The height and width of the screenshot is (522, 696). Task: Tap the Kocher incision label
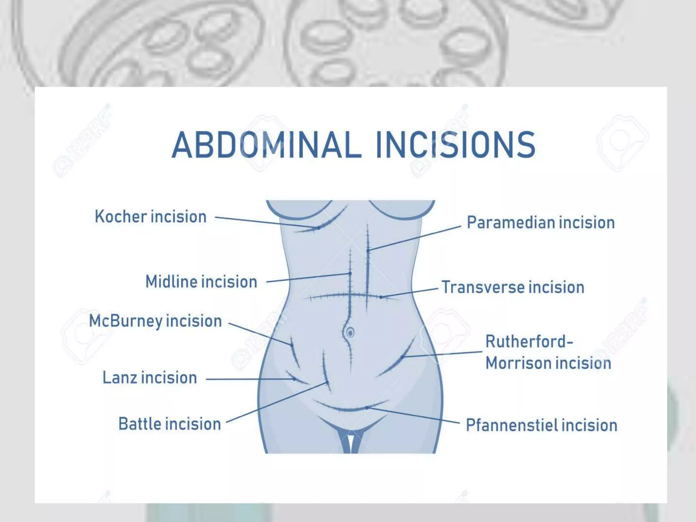tap(151, 217)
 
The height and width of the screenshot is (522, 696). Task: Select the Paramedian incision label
tap(541, 223)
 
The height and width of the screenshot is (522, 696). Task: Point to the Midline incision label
tap(201, 282)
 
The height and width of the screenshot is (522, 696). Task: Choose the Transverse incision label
tap(513, 287)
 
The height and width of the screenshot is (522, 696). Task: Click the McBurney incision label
tap(155, 321)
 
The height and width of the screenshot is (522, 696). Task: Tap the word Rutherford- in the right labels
tap(529, 342)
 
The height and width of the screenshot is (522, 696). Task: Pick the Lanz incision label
tap(150, 378)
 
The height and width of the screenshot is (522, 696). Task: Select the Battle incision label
tap(170, 424)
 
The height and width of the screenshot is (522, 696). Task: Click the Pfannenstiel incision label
tap(541, 425)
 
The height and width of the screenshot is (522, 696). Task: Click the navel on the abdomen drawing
tap(350, 332)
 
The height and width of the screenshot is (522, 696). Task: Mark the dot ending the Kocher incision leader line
tap(319, 228)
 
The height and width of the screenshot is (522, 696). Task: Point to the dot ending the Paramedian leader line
tap(368, 250)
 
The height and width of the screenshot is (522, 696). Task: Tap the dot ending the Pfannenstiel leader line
tap(367, 407)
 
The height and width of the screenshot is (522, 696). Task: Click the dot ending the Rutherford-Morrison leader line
tap(402, 357)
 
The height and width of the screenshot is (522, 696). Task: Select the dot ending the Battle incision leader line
tap(327, 383)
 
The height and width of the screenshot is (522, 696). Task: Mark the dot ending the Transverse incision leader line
tap(381, 297)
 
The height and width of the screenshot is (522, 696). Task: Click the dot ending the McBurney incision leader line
tap(292, 345)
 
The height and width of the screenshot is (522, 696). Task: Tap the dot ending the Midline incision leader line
tap(350, 273)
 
